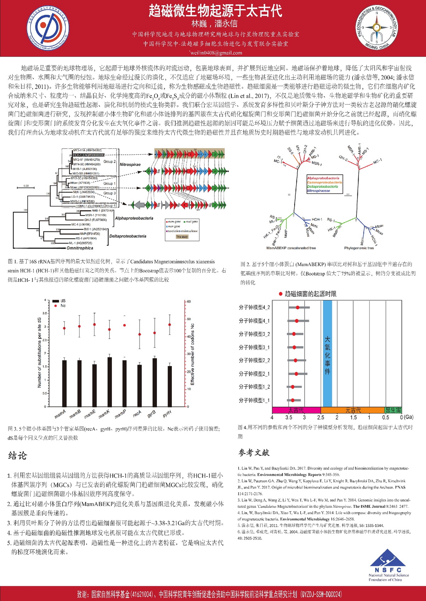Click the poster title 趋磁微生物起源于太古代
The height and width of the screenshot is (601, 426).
[x=215, y=11]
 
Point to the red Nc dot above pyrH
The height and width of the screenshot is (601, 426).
[x=170, y=325]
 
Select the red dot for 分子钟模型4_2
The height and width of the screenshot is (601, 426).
[x=297, y=307]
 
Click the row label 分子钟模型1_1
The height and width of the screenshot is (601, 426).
[x=254, y=400]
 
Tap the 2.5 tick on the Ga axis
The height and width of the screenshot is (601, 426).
[x=321, y=417]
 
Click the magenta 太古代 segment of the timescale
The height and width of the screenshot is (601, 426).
[x=296, y=410]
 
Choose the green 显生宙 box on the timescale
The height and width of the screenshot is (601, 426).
[x=393, y=410]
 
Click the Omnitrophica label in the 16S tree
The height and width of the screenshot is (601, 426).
[x=80, y=248]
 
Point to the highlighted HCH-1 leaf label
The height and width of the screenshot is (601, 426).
[x=89, y=155]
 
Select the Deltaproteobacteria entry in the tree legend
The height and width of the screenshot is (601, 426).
[x=322, y=186]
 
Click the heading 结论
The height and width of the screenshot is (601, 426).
[x=17, y=456]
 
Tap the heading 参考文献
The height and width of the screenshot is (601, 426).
[x=254, y=453]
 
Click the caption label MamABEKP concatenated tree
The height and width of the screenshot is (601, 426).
[x=291, y=248]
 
